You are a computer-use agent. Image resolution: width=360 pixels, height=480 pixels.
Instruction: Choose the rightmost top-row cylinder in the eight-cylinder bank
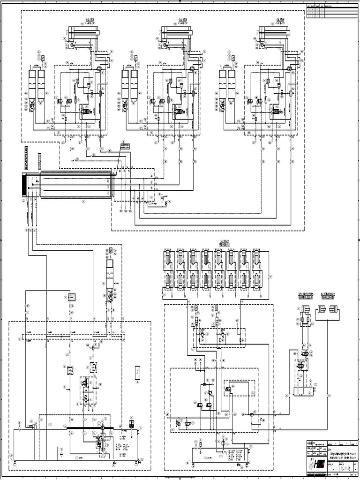pyautogui.click(x=257, y=259)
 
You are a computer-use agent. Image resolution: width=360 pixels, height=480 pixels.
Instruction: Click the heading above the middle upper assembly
pyautogui.click(x=180, y=20)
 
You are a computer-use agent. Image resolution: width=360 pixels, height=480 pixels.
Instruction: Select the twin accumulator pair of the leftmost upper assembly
pyautogui.click(x=37, y=84)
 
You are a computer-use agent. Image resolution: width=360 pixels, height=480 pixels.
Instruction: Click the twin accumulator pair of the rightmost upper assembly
pyautogui.click(x=227, y=84)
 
